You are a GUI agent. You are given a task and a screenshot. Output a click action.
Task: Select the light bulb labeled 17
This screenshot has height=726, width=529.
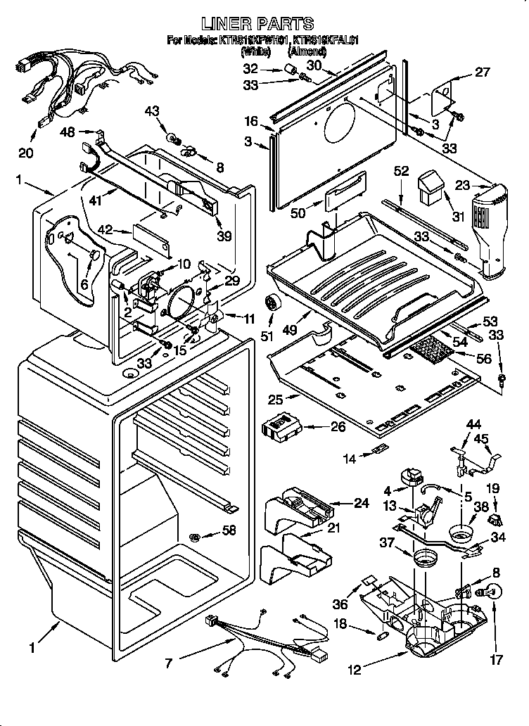click(x=493, y=593)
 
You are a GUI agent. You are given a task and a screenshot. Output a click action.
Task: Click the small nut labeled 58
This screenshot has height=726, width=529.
click(x=196, y=539)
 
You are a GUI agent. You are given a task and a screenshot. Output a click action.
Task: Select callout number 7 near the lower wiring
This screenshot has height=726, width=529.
click(x=167, y=663)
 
